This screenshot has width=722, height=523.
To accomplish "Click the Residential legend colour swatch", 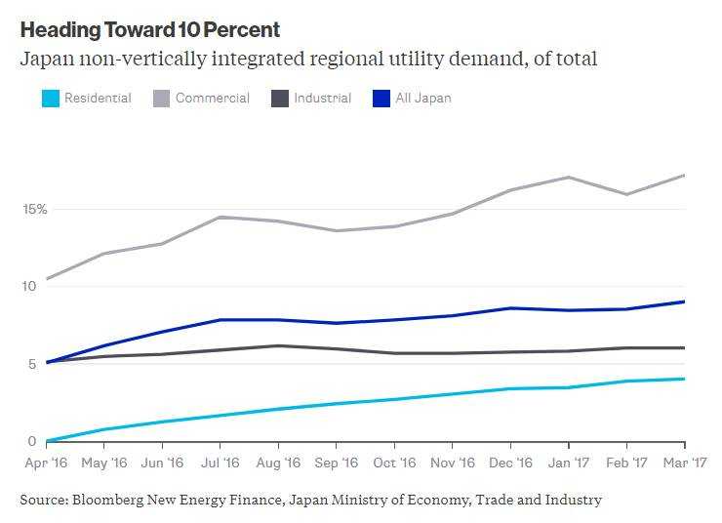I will (x=49, y=99).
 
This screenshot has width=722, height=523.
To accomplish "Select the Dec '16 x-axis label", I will (x=511, y=462).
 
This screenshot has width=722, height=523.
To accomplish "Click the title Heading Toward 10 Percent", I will (x=149, y=29).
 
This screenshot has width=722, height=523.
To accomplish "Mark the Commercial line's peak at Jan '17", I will (x=569, y=178).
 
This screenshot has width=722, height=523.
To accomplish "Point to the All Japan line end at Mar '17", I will (x=684, y=302).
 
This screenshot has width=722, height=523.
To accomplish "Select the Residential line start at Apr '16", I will (x=47, y=441).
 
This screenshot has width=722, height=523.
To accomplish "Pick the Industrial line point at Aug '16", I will (x=278, y=345).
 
